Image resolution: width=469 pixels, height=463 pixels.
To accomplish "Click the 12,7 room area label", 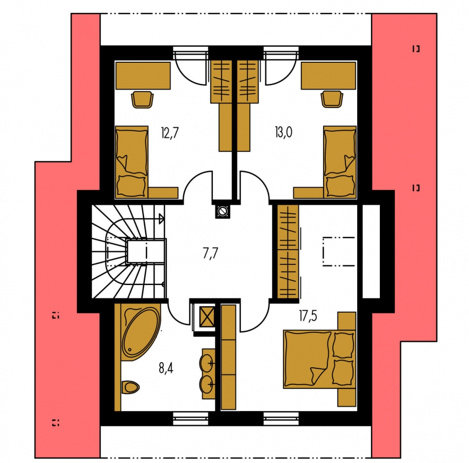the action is (x=170, y=133).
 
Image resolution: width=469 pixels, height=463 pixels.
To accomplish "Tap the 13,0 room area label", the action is (x=283, y=132).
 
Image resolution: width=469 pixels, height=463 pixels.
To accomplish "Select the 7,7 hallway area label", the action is (x=210, y=254).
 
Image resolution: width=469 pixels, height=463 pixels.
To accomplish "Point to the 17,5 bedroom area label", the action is (x=308, y=316).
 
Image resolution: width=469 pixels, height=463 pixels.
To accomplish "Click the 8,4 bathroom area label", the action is (x=166, y=368).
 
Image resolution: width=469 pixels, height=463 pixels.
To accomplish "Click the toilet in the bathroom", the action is (x=131, y=387).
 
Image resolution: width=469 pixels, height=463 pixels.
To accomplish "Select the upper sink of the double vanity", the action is (x=207, y=363).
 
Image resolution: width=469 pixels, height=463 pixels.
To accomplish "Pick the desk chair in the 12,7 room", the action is (x=142, y=99).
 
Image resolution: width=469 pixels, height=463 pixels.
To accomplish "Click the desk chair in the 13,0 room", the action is (x=332, y=99).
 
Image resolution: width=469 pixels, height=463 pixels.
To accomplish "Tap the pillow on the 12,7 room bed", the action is (x=131, y=185).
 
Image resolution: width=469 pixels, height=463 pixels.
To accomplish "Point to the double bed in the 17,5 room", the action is (x=320, y=359).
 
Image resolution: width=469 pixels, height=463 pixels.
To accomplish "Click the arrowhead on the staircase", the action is (x=161, y=219).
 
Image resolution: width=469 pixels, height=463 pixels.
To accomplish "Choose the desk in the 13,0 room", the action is (x=329, y=76).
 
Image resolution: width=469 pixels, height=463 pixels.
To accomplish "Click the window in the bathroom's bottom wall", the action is (x=191, y=418).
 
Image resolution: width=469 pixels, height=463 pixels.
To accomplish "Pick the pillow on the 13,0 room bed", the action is (x=340, y=185).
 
